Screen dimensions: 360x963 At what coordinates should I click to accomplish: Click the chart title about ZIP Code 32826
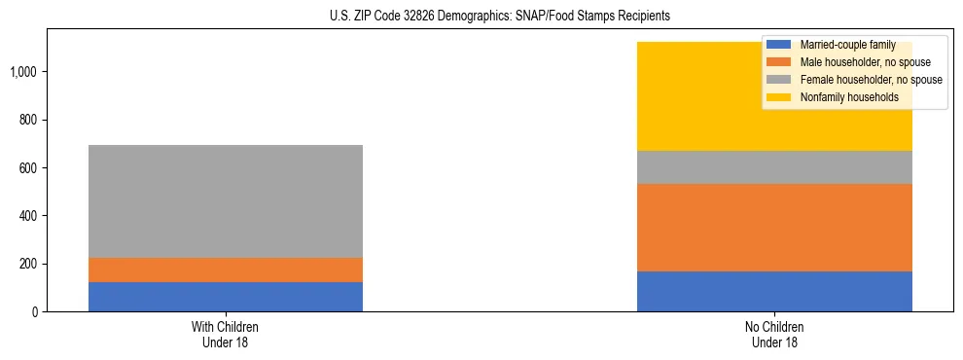tap(481, 17)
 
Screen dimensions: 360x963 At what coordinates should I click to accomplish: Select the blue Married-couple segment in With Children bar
tap(226, 297)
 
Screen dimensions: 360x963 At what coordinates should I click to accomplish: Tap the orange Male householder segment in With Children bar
tap(226, 270)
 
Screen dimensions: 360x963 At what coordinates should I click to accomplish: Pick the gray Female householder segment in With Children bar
tap(226, 201)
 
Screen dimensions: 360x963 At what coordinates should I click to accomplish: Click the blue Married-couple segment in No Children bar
tap(774, 291)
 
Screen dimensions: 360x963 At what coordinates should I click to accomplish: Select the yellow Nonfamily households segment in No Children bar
tap(700, 97)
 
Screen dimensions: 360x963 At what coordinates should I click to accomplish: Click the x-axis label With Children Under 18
tap(226, 334)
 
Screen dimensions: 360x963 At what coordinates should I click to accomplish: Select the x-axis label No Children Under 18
tap(774, 334)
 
